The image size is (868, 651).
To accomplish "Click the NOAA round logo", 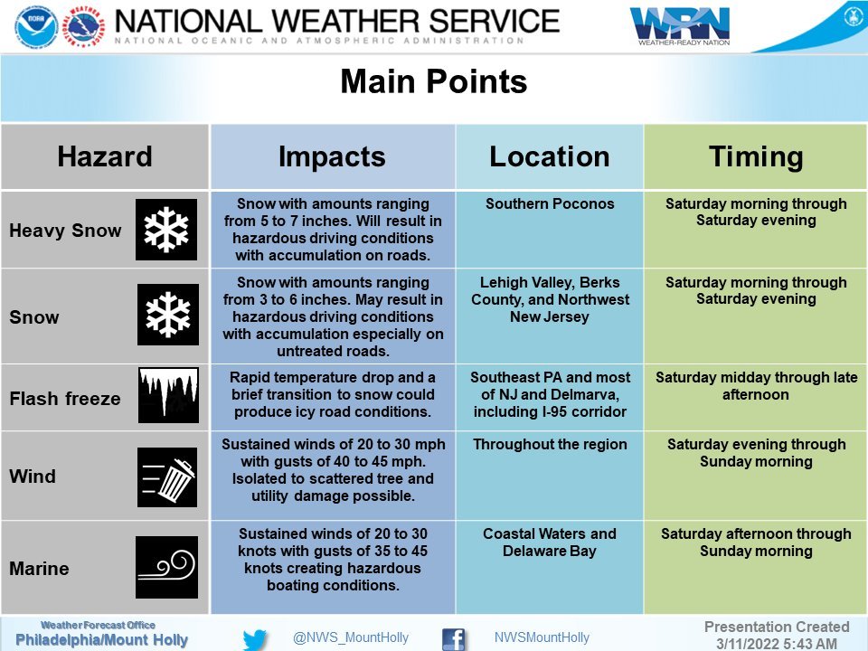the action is [x=36, y=25].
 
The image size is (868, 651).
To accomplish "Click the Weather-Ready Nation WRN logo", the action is [x=680, y=25].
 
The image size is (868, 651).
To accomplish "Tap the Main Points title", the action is [x=433, y=81].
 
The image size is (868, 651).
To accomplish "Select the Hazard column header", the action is [x=105, y=156].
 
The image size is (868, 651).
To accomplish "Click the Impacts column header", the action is [x=332, y=156].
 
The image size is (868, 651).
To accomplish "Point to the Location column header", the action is [x=550, y=156].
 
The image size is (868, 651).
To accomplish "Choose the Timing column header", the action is [x=756, y=156].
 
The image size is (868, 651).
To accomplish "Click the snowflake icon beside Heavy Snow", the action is [x=166, y=230].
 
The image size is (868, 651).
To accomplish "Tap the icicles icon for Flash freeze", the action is [x=168, y=395].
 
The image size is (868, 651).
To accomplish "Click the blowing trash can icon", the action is [x=167, y=477].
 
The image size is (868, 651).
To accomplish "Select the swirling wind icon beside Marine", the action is [x=166, y=567].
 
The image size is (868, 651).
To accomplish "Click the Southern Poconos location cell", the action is [x=550, y=203].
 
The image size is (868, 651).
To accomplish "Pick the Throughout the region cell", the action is [x=550, y=445].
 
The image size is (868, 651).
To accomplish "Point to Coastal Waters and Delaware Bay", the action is [x=550, y=542].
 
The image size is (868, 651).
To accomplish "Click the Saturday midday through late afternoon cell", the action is [x=756, y=386].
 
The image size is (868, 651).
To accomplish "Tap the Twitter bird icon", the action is [x=255, y=640].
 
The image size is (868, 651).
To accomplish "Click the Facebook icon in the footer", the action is [x=454, y=640].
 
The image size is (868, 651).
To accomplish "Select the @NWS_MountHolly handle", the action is [x=351, y=637].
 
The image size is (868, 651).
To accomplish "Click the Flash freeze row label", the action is [x=65, y=399].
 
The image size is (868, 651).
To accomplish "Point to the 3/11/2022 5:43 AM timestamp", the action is [x=776, y=643].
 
